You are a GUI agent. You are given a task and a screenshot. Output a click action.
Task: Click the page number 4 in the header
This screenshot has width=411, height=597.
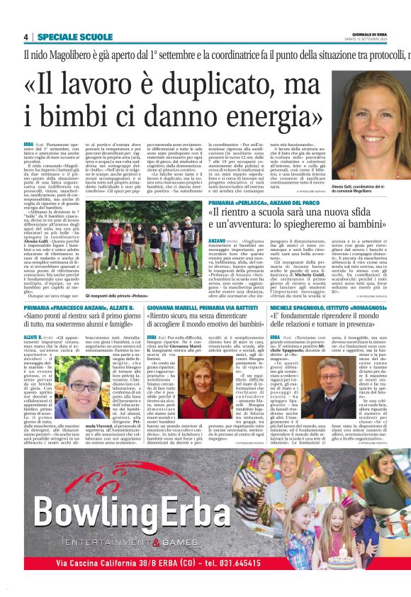pos(26,37)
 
